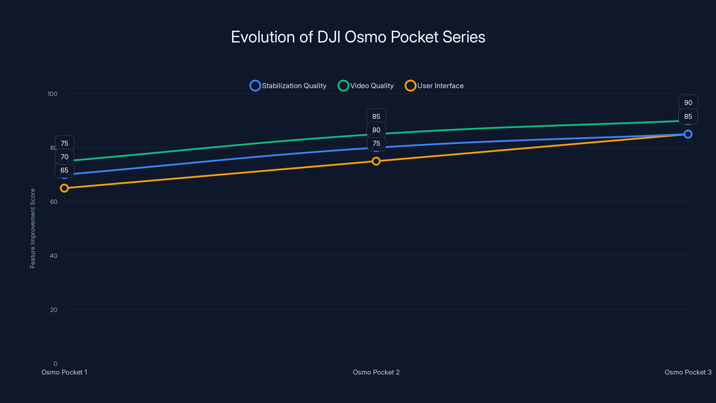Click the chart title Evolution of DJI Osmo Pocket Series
point(358,37)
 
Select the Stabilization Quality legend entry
point(288,86)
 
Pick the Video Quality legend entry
point(366,86)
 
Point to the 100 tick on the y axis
point(52,94)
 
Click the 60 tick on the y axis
point(54,202)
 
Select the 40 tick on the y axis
point(54,256)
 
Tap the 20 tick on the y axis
point(54,310)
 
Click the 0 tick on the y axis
point(55,364)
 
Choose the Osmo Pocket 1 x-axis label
point(64,372)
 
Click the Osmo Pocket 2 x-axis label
point(376,372)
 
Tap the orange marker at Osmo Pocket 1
point(64,188)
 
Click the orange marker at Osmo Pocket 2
point(376,161)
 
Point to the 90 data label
point(688,103)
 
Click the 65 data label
point(64,170)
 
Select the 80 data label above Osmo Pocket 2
point(376,130)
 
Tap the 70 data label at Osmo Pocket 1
point(64,157)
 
